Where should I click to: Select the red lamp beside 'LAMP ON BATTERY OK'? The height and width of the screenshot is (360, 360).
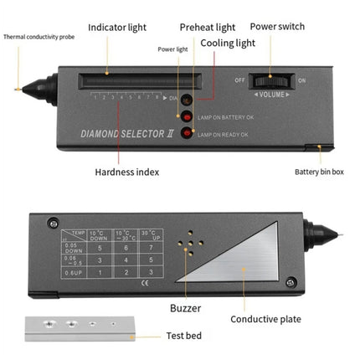click(189, 116)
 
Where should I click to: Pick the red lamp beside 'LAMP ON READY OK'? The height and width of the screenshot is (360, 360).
click(189, 132)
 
